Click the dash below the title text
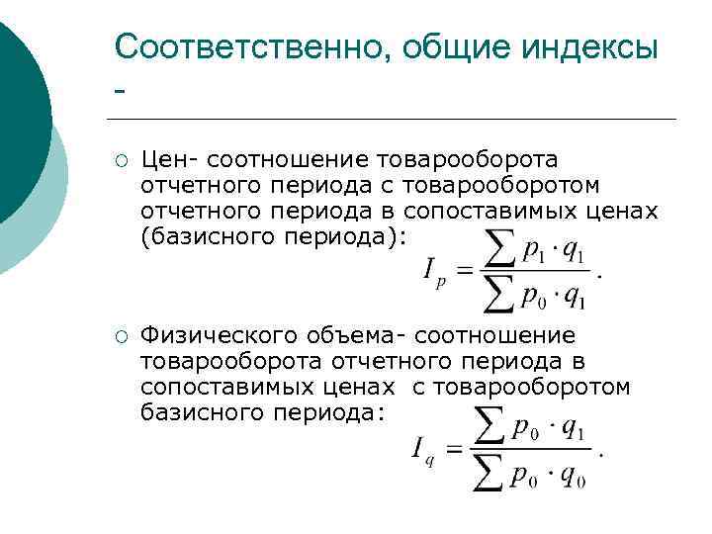point(121,92)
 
